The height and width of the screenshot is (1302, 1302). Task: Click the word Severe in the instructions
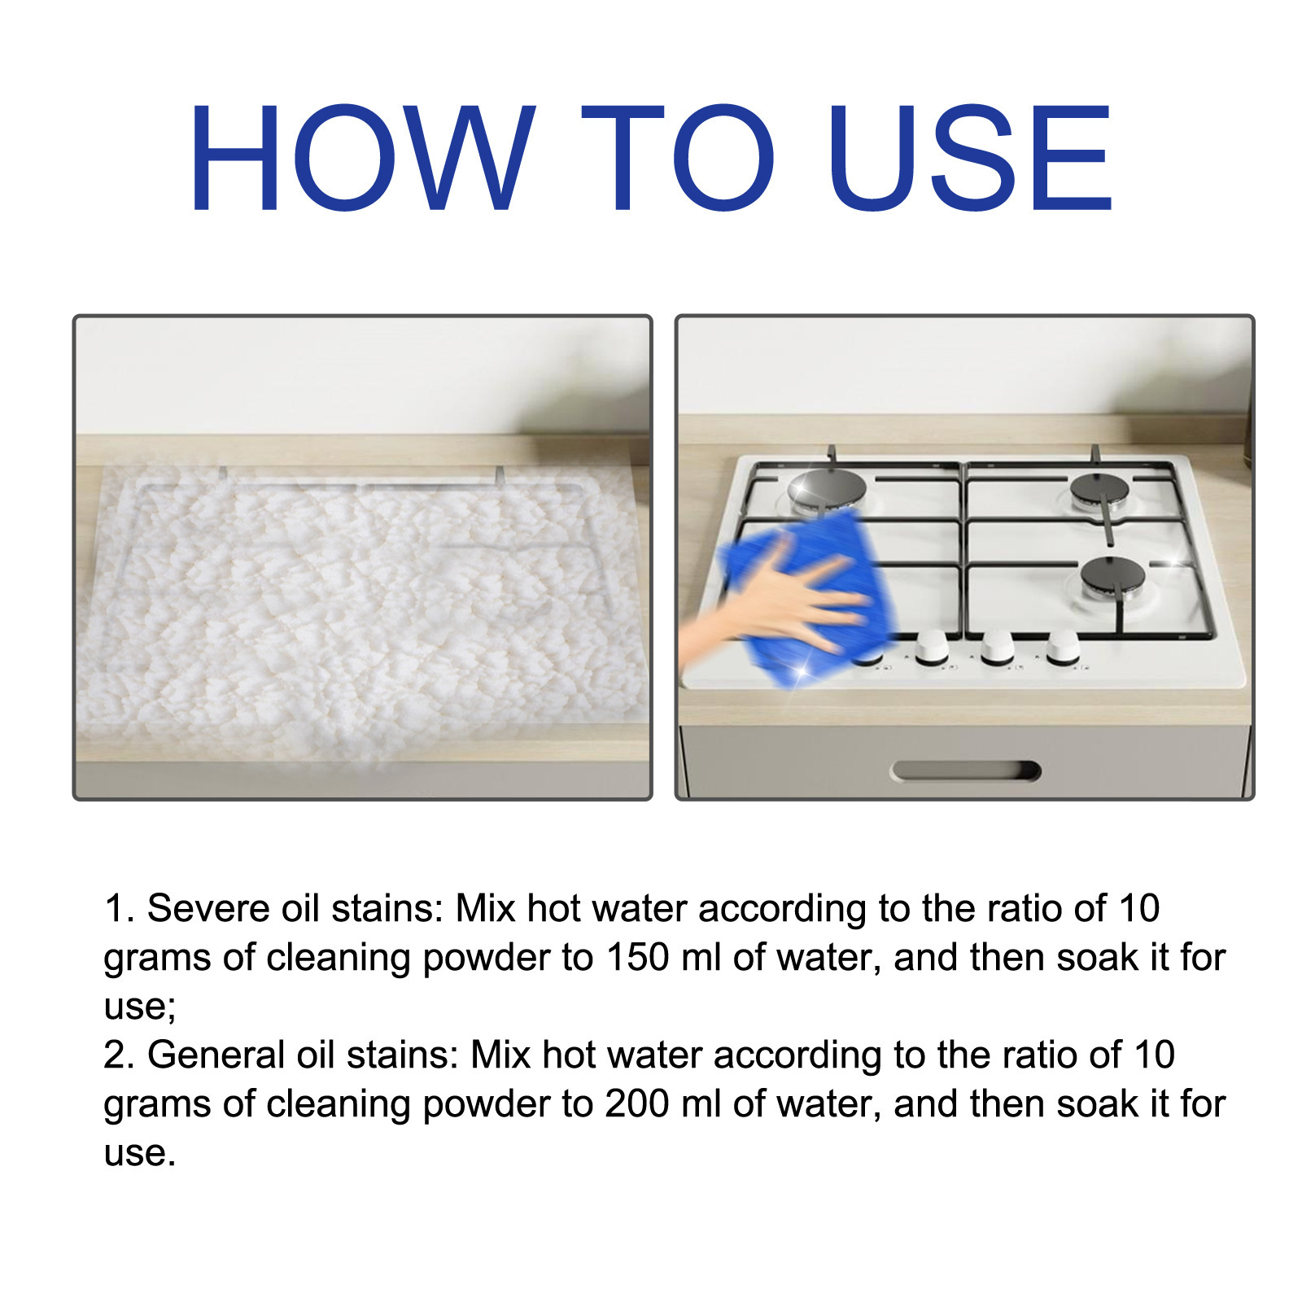tap(208, 908)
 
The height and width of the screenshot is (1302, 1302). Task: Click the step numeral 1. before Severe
tap(120, 908)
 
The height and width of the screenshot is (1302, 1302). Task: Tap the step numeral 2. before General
tap(120, 1055)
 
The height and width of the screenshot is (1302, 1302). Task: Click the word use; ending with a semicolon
tap(140, 1007)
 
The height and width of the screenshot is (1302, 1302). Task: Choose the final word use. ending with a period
tap(140, 1154)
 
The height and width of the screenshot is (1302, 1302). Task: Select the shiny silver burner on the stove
tap(826, 491)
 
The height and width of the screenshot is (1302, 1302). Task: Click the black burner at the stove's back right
tap(1100, 490)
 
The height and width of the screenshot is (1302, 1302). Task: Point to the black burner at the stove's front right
tap(1113, 576)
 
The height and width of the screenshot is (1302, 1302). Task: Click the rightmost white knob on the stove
tap(1063, 649)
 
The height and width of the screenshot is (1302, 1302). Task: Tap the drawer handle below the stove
tap(966, 771)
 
